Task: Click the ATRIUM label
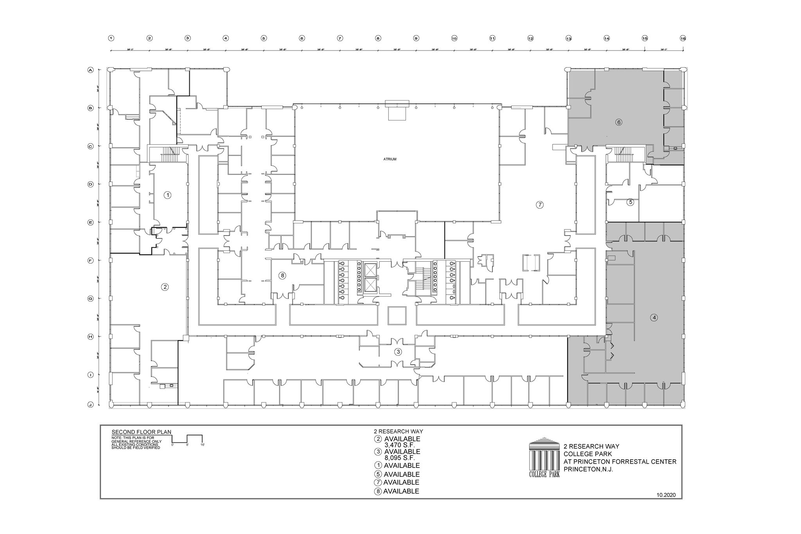[390, 159]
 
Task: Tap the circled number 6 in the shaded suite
[618, 122]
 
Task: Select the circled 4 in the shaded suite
[654, 318]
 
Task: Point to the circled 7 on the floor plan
[540, 205]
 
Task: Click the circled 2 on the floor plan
[165, 287]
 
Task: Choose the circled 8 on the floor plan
[282, 275]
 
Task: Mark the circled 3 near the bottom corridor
[398, 352]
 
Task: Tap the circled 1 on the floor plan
[167, 195]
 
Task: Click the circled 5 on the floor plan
[630, 202]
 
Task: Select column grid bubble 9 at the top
[416, 38]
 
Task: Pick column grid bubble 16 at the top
[683, 38]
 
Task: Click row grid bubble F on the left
[90, 260]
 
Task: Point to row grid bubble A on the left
[90, 70]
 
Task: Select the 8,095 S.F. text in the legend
[400, 458]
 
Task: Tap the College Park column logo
[544, 457]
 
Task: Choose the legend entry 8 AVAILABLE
[397, 491]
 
